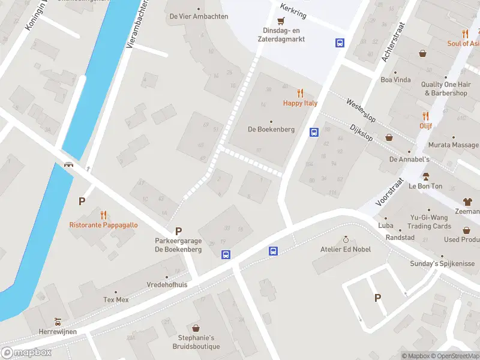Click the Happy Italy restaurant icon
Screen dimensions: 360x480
[x=300, y=93]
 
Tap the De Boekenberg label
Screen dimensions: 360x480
[x=271, y=130]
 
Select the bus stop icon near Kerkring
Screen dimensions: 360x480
[x=340, y=43]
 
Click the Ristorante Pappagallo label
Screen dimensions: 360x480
[x=103, y=225]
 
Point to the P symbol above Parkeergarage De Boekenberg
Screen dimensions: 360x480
[x=178, y=231]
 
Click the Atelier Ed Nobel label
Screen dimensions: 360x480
[x=345, y=249]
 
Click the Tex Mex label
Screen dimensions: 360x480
[x=116, y=299]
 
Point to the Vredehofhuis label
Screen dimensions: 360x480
[x=167, y=284]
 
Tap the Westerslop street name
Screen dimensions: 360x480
[x=360, y=110]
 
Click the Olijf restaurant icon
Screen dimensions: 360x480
[x=426, y=116]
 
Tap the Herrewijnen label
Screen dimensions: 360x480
[x=58, y=331]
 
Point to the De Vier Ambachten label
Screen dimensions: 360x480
[x=199, y=16]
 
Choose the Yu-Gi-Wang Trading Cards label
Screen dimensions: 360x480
[x=429, y=222]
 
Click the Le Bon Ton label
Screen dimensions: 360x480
[x=426, y=186]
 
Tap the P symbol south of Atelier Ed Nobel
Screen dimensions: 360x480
[x=377, y=298]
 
